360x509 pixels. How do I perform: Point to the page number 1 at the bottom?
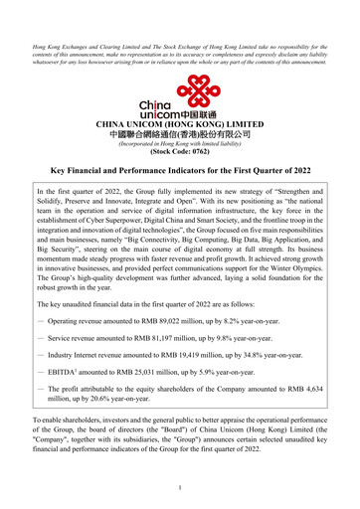click(180, 487)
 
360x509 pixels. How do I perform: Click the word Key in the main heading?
click(59, 171)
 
